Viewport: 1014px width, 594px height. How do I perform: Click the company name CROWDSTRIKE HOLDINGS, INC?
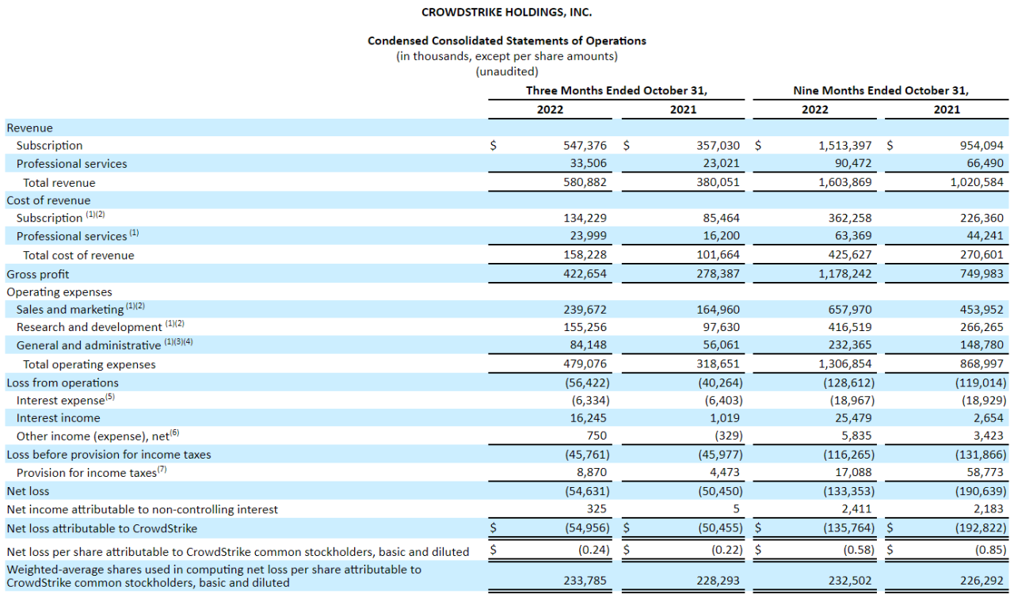click(506, 12)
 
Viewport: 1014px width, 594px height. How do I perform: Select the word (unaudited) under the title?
click(506, 71)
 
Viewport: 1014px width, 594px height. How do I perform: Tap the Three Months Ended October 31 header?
click(616, 90)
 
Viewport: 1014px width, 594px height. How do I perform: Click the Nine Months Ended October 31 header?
click(880, 90)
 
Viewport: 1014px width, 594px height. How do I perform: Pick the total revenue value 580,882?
click(585, 182)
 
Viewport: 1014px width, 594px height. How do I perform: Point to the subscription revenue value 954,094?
click(982, 145)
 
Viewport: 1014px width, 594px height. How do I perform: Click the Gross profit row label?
click(37, 274)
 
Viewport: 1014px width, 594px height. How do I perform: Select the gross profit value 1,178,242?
click(844, 273)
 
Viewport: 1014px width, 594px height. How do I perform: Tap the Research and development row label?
click(89, 327)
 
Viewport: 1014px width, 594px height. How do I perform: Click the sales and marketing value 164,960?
click(718, 309)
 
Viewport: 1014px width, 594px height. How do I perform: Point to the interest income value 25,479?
click(853, 418)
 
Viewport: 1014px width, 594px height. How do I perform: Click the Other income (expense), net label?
click(93, 436)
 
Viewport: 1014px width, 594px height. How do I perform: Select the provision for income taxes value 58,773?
click(985, 472)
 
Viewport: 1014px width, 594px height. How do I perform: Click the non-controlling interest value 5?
click(737, 509)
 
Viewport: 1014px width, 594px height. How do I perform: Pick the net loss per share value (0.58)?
click(859, 550)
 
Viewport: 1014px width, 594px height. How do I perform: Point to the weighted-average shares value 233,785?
click(585, 581)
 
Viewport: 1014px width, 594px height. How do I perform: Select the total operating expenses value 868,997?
click(982, 364)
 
